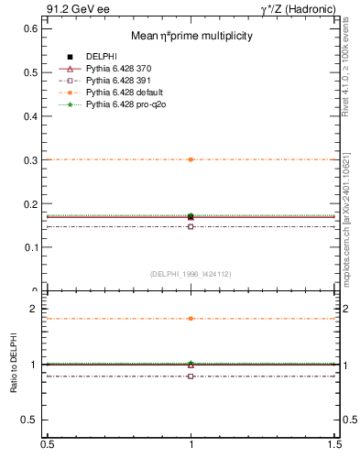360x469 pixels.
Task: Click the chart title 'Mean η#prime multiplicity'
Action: (x=191, y=36)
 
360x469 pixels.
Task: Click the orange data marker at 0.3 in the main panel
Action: (x=191, y=159)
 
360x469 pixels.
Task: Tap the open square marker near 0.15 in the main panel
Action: (x=191, y=226)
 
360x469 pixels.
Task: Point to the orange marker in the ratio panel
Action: (x=191, y=319)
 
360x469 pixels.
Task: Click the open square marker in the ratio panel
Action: (x=191, y=376)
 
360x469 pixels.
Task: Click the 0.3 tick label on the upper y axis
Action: (x=31, y=159)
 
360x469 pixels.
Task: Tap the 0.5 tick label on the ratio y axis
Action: (x=31, y=420)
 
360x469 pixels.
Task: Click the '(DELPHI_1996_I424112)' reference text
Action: (x=191, y=273)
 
